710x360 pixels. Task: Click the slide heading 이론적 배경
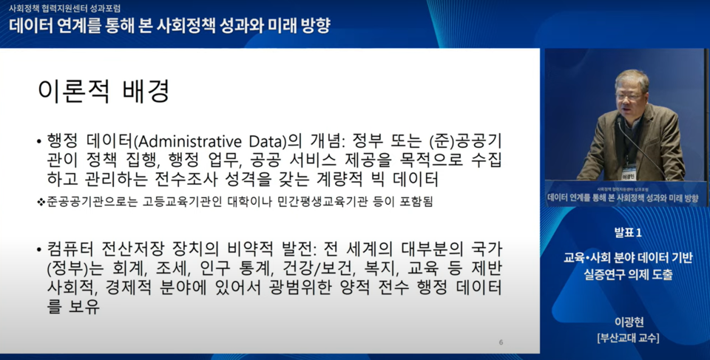coord(104,91)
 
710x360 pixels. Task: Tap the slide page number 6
coord(501,342)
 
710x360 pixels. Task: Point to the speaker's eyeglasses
coord(629,95)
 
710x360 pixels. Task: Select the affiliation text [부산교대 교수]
coord(628,338)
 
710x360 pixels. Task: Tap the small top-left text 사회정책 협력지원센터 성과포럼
coord(64,9)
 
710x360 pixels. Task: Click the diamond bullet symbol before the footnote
coord(41,202)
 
